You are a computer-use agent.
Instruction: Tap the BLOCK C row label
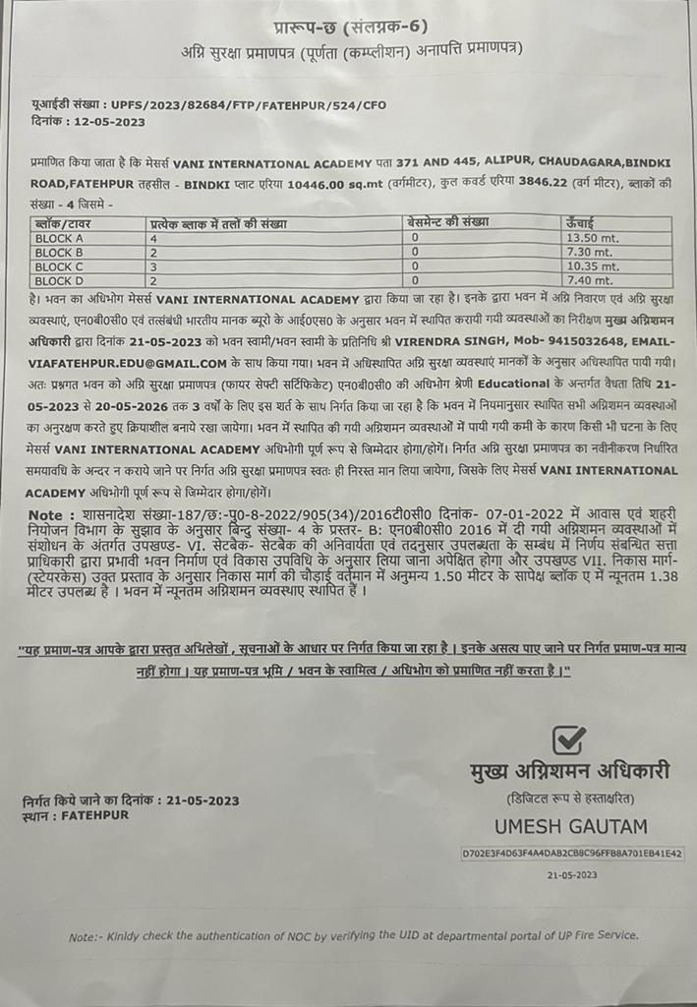pos(60,267)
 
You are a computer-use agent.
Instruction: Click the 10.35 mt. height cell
pos(588,267)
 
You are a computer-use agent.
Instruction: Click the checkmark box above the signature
pos(568,740)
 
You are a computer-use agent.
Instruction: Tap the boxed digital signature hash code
pos(572,854)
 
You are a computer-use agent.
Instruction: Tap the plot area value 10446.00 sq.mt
pos(308,184)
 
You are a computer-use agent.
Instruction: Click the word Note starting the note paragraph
pos(43,514)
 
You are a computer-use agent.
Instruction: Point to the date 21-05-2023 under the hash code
pos(572,873)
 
